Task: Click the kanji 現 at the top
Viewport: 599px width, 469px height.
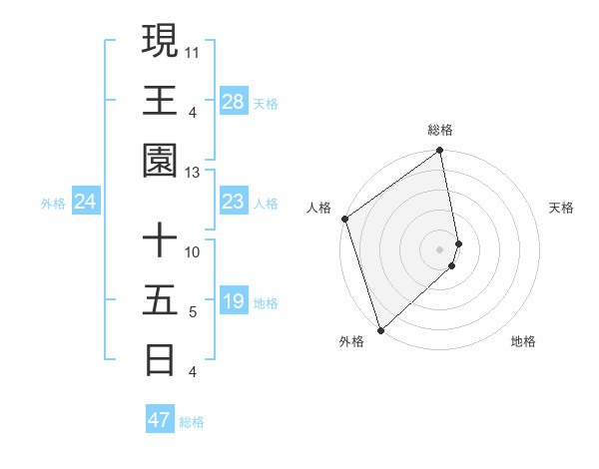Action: coord(161,41)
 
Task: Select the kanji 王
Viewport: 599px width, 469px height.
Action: coord(161,100)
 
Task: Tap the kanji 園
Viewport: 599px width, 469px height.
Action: coord(161,160)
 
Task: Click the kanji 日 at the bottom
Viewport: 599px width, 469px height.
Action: coord(161,359)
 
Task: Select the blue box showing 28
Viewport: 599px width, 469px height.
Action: coord(234,102)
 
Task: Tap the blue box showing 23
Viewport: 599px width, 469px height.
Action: coord(234,203)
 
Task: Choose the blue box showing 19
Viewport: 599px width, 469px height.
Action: coord(234,302)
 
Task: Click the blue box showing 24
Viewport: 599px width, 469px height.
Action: coord(86,203)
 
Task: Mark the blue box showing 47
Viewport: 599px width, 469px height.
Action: coord(160,420)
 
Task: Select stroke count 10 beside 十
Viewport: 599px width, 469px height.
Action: coord(193,251)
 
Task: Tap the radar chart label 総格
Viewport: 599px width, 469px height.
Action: coord(440,130)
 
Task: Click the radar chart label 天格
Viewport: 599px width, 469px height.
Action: coord(561,208)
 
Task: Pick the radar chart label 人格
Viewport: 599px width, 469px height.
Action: coord(319,208)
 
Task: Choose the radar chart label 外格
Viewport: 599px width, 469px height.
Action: coord(350,342)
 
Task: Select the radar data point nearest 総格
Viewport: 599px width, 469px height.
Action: coord(440,152)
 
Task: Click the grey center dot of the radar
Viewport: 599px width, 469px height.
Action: coord(440,248)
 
